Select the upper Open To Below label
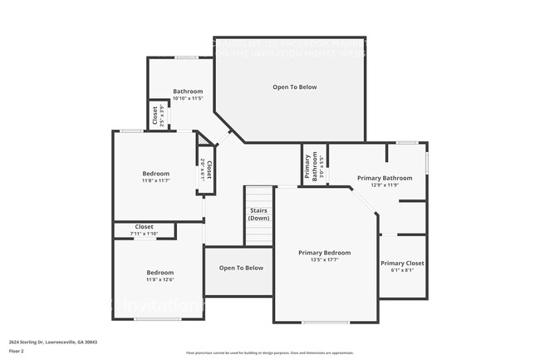tap(295, 86)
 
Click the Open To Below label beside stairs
tap(241, 268)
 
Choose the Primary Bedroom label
tap(325, 253)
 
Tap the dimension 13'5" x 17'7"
tap(325, 260)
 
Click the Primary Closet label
tap(403, 263)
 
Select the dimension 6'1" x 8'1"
tap(403, 270)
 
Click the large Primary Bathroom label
tap(385, 177)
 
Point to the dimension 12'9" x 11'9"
tap(385, 185)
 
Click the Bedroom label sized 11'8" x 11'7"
tap(155, 173)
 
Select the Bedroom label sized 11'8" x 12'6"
tap(160, 273)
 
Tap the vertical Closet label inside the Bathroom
tap(155, 116)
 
